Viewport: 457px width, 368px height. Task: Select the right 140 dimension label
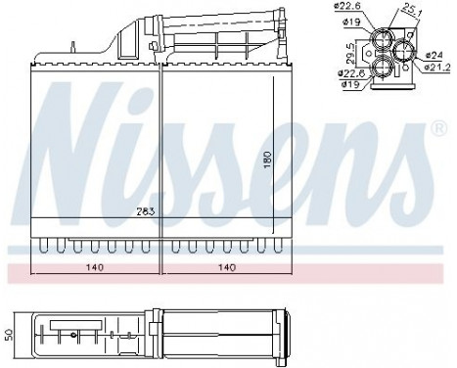tap(225, 265)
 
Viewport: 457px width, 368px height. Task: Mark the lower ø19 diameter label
tap(350, 83)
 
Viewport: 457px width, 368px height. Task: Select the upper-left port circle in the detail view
tap(381, 36)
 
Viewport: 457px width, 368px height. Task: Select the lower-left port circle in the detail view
tap(381, 66)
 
